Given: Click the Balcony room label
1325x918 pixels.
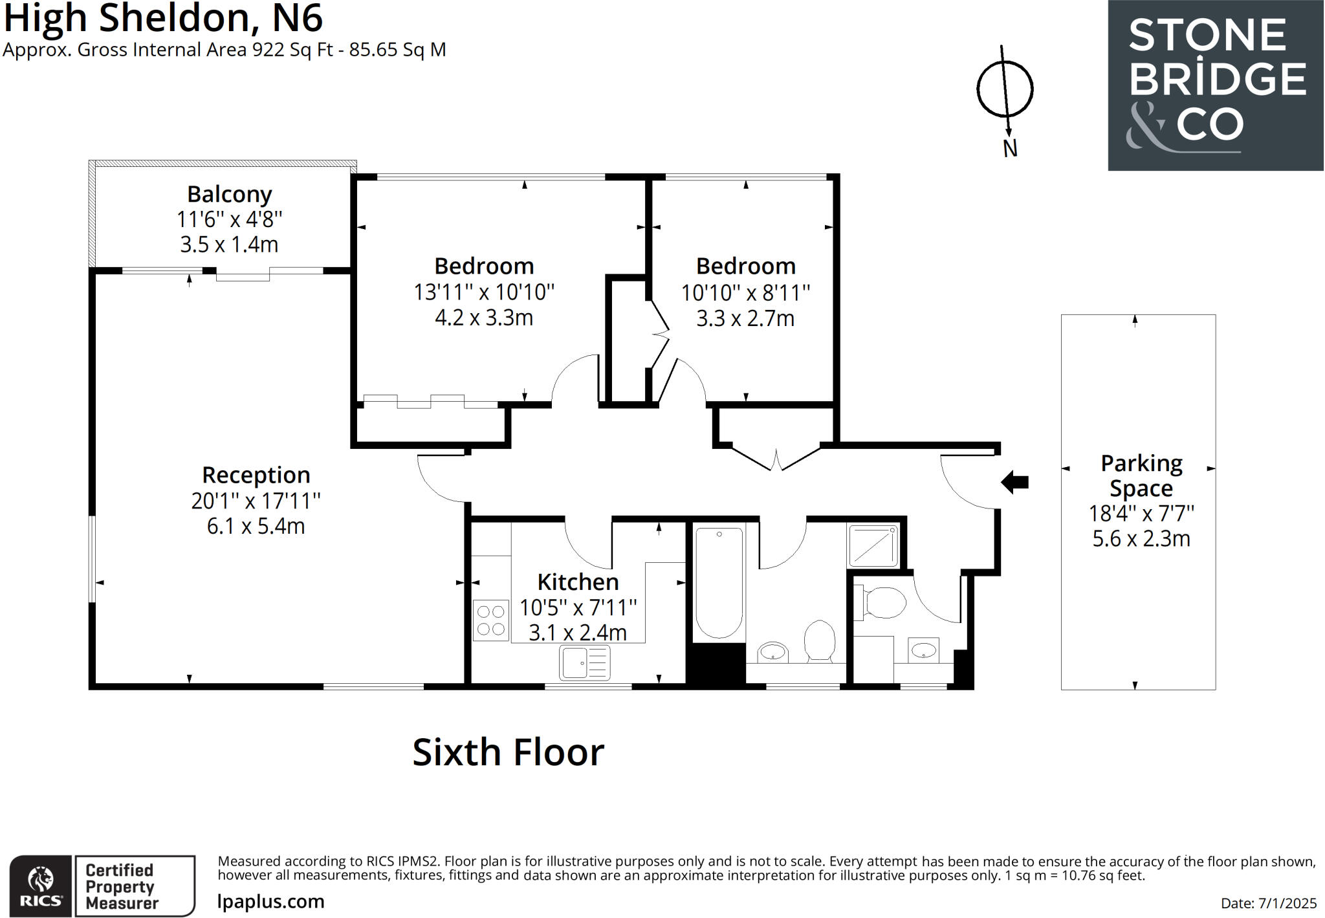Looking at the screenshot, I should click(229, 194).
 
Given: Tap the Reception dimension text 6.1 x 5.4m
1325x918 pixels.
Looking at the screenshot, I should click(256, 526).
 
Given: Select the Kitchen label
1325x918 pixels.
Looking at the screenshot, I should click(578, 582).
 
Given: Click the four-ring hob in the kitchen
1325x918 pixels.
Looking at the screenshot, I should click(491, 620).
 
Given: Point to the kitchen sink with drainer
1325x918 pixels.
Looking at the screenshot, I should click(584, 663).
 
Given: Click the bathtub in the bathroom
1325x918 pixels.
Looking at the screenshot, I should click(719, 582).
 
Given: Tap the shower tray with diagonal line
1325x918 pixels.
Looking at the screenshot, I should click(873, 546).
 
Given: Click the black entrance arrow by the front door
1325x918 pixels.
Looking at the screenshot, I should click(1014, 482).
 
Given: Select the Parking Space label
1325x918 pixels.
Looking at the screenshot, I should click(1141, 475).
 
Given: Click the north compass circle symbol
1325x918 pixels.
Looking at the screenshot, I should click(1004, 89).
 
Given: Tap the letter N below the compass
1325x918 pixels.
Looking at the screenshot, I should click(1010, 149).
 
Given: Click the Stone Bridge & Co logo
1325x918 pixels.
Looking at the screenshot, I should click(1215, 85).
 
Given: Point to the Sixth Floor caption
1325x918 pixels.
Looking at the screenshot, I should click(508, 752).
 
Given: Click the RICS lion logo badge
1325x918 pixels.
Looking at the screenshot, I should click(41, 886).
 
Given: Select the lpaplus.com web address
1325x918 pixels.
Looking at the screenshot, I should click(270, 901).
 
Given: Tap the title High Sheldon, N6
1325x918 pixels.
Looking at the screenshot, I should click(163, 17).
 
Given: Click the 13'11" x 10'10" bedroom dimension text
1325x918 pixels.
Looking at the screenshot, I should click(484, 292).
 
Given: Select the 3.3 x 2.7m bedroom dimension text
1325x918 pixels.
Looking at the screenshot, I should click(745, 318).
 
